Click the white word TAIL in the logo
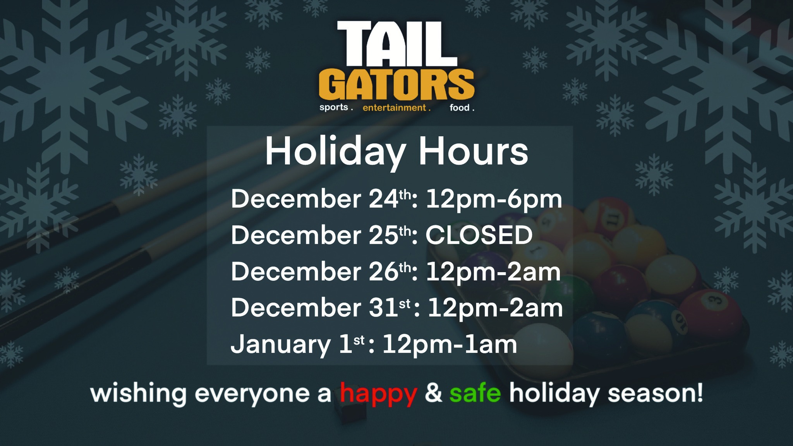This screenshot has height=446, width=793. tap(397, 44)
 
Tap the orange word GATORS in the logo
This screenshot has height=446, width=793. tap(396, 84)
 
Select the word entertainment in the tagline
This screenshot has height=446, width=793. tap(394, 108)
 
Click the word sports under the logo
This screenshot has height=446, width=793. tap(333, 108)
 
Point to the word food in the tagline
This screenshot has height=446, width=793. tap(460, 108)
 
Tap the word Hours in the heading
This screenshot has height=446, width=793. tap(473, 151)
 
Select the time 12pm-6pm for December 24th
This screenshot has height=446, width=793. tap(494, 200)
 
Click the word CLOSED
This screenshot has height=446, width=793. tap(479, 235)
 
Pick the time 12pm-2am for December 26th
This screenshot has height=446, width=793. tap(493, 272)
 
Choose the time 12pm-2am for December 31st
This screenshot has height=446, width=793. tap(495, 309)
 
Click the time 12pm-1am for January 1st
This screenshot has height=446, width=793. tap(450, 345)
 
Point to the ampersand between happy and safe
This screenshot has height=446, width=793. tap(433, 393)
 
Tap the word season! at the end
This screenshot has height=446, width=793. tap(655, 393)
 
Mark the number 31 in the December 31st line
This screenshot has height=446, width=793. tap(384, 308)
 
